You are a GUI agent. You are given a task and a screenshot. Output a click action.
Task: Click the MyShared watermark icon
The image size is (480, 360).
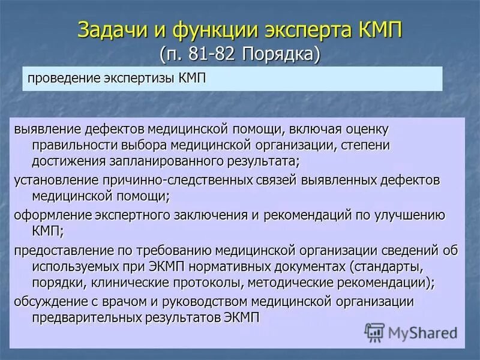(x=375, y=332)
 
